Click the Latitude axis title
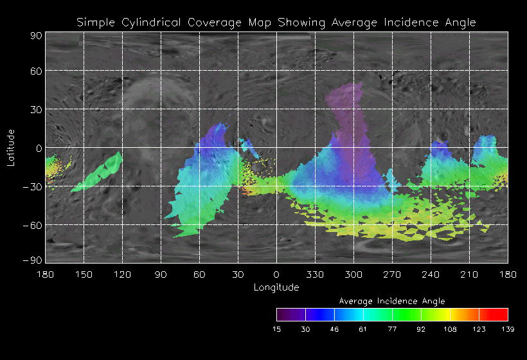(x=11, y=147)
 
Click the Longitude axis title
(x=276, y=287)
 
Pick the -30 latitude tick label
(x=33, y=187)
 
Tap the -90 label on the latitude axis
(x=33, y=260)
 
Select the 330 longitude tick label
(x=315, y=274)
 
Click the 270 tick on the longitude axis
(x=392, y=274)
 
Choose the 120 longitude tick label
(x=122, y=274)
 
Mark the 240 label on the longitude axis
(x=431, y=274)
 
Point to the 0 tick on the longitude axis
(x=276, y=274)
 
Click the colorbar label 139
(x=508, y=329)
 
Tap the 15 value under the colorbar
(x=276, y=329)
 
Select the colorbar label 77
(x=392, y=329)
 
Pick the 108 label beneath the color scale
(x=450, y=329)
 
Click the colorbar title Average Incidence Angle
(x=392, y=301)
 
